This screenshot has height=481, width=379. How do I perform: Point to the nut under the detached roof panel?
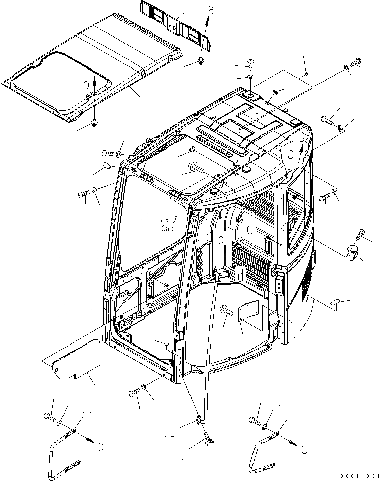[x=95, y=122]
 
